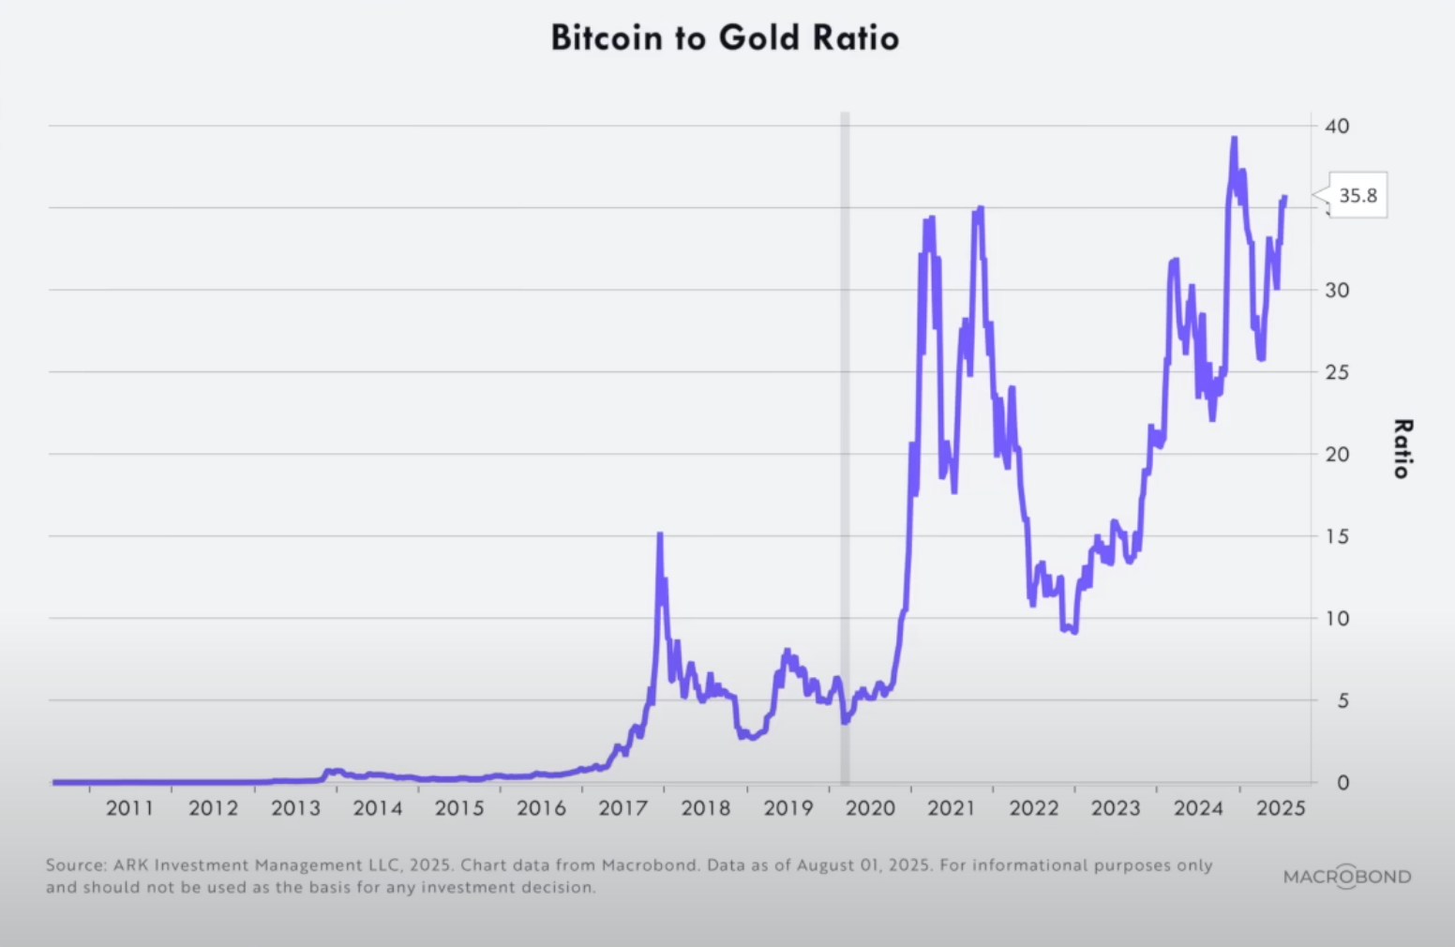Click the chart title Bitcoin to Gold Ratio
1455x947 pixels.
coord(725,38)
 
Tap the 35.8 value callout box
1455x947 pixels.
coord(1357,196)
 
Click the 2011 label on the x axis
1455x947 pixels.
coord(129,808)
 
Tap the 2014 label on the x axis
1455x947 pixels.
coord(377,808)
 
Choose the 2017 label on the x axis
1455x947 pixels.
coord(623,808)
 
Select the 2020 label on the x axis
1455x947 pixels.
coord(870,808)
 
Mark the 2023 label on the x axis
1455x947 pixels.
coord(1116,808)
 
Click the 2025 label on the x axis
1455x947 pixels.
coord(1281,808)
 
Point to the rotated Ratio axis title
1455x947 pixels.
coord(1402,449)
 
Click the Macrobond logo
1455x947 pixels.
coord(1347,877)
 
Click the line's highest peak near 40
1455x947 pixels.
coord(1234,139)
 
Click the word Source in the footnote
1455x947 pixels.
coord(75,865)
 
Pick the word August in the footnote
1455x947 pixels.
coord(828,865)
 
